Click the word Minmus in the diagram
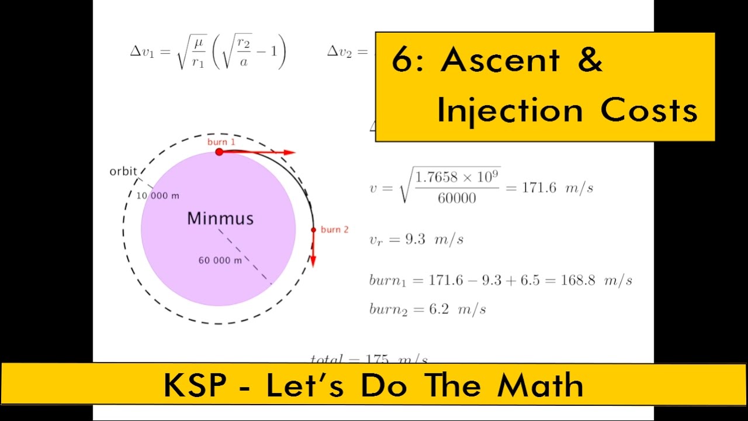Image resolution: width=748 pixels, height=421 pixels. coord(220,219)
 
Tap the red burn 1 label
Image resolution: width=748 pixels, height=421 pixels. coord(221,142)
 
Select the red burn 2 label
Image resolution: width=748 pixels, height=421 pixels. coord(334,230)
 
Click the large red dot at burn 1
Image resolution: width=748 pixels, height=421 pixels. coord(219,152)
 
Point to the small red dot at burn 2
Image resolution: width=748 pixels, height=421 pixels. coord(313,230)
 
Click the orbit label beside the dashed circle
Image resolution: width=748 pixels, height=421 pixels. coord(123,171)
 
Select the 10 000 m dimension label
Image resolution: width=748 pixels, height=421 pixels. coord(158,196)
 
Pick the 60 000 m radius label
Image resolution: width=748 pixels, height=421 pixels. coord(220,260)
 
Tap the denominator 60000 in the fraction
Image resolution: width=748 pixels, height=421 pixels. coord(457,199)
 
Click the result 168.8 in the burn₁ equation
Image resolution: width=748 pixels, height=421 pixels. coord(577,280)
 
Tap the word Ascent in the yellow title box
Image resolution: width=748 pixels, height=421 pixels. coord(500,60)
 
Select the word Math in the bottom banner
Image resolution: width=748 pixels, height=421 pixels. coord(539,385)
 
